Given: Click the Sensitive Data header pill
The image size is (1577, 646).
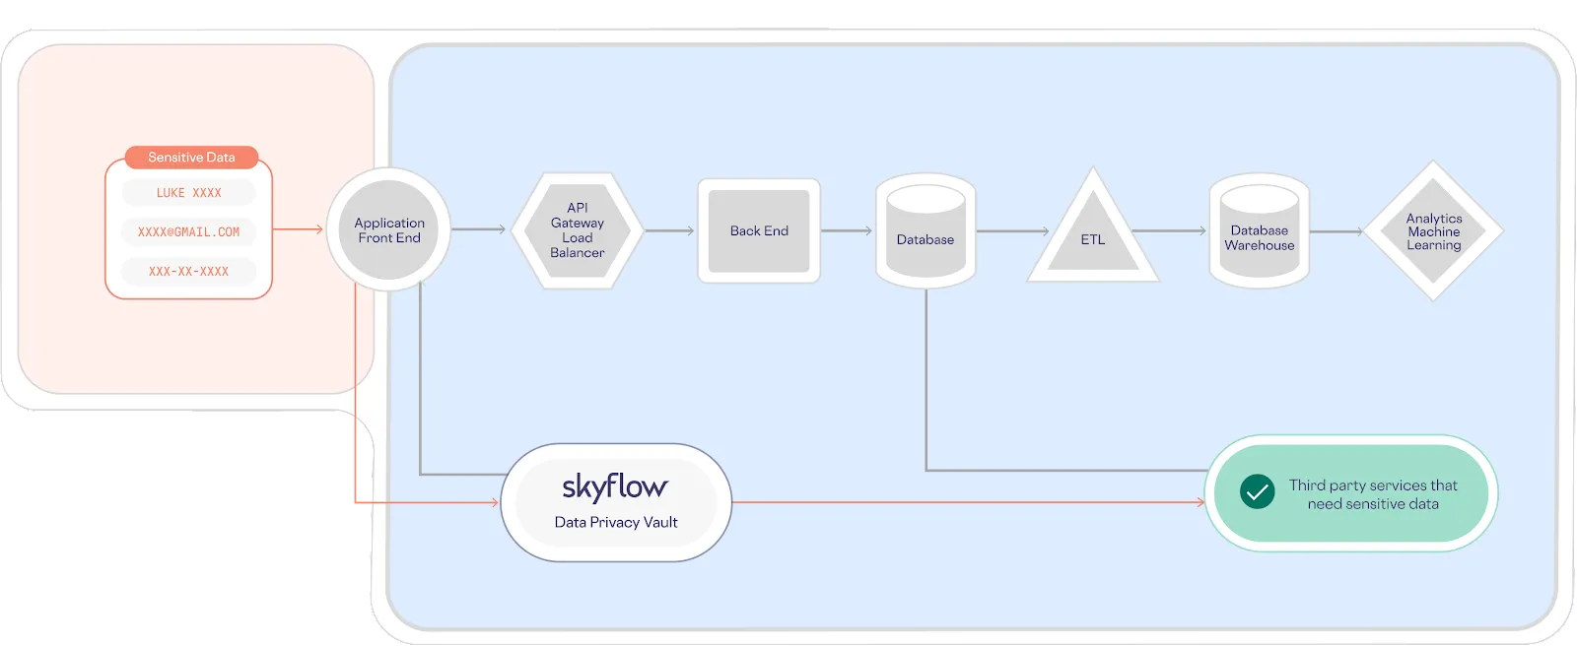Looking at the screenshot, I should tap(191, 158).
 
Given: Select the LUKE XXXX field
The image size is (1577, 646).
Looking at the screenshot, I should tap(188, 193).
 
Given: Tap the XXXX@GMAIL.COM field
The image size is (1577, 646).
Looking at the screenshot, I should tap(188, 232).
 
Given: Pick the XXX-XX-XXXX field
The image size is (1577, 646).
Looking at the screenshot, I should tap(188, 271).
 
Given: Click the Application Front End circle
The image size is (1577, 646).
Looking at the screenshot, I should tap(388, 230).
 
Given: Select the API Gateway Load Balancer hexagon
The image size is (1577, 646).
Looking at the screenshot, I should tap(578, 230).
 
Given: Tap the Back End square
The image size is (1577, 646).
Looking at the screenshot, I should tap(759, 231).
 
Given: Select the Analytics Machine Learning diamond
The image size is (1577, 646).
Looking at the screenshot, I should tap(1434, 231).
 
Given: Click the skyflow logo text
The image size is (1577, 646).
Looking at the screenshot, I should tap(615, 486).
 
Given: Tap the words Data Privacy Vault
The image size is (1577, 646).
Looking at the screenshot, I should tap(616, 523).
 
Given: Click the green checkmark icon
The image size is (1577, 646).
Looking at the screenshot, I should tap(1257, 492).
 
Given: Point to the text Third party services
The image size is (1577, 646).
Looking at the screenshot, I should tap(1373, 485).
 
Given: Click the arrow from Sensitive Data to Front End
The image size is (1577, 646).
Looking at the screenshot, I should tap(298, 229).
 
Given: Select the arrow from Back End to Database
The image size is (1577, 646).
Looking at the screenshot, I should tap(847, 230).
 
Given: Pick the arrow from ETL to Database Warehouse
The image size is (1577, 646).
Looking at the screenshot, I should tap(1170, 230).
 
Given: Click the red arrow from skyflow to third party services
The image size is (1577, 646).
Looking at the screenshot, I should tap(966, 502).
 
